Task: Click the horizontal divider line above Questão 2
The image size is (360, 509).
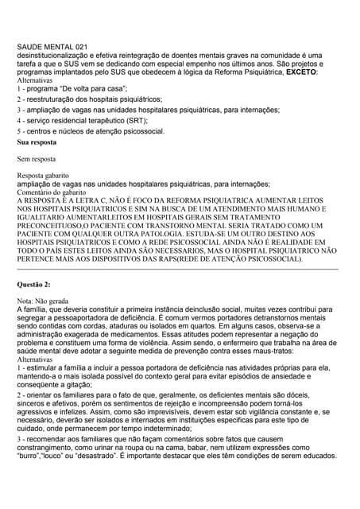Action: [180, 269]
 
